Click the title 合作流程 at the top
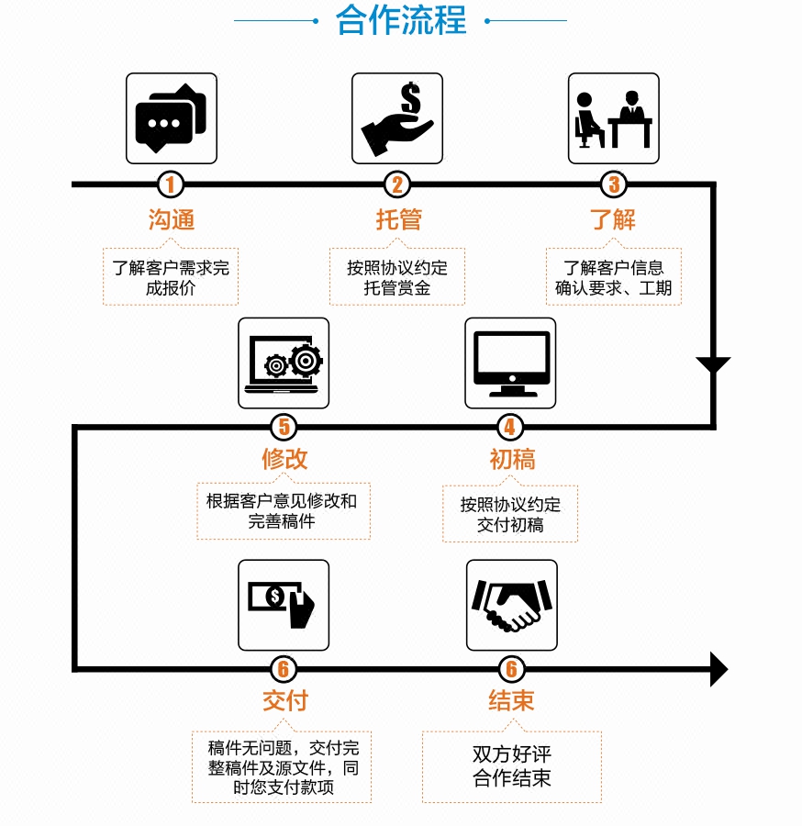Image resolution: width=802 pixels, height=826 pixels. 401,20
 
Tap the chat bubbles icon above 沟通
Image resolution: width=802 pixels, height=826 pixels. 172,118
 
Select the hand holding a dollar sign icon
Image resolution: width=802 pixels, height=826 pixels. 397,118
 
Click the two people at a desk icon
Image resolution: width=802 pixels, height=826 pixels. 614,118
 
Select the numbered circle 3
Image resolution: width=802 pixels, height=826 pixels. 614,184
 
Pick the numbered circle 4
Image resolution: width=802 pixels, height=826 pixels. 510,427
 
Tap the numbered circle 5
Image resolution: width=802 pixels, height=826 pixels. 284,427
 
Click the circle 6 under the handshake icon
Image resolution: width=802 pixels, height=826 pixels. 511,669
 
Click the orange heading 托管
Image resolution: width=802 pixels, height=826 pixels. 398,219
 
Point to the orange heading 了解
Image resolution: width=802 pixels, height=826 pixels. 613,219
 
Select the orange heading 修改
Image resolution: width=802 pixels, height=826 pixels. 284,459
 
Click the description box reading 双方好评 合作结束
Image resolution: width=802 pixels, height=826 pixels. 512,766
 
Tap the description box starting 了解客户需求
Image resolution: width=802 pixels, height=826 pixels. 171,277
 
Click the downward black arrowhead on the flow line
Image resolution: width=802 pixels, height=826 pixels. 713,365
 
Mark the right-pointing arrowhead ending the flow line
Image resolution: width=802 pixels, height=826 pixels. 718,668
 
